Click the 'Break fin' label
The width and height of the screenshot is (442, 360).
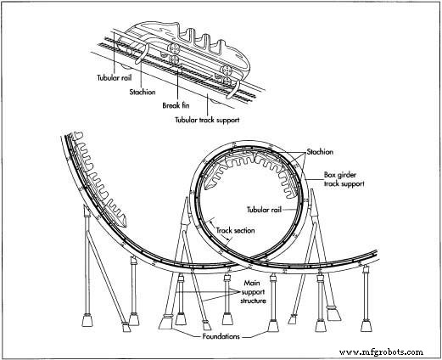(176, 105)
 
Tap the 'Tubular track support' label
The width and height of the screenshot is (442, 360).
(207, 120)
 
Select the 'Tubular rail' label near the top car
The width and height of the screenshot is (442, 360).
(115, 77)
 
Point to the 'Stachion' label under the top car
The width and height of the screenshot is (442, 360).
(143, 92)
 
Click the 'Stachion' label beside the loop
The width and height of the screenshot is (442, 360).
(320, 152)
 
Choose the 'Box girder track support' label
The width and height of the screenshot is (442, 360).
(344, 179)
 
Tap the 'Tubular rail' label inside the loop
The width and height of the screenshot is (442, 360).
(265, 210)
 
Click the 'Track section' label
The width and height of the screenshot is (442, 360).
(236, 230)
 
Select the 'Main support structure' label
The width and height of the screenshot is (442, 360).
(253, 292)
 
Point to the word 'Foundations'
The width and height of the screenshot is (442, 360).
(221, 336)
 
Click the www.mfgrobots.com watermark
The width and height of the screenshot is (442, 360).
(382, 352)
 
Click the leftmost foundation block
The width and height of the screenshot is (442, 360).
(87, 320)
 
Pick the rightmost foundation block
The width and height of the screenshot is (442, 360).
(366, 325)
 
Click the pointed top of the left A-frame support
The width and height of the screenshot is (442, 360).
(187, 198)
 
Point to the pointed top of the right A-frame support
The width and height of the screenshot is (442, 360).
(311, 190)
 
